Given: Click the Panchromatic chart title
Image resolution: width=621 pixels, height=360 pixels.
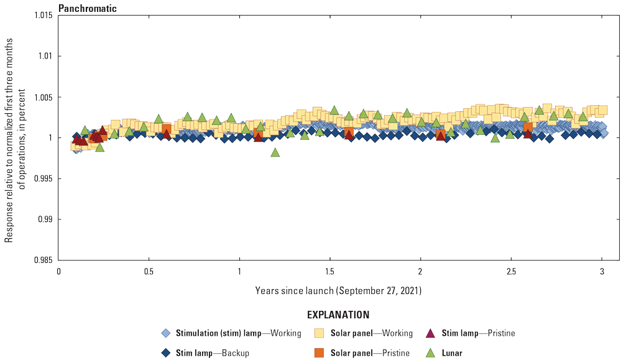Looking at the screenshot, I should point(87,9).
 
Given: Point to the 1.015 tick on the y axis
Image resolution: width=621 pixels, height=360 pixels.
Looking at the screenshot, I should point(44,15).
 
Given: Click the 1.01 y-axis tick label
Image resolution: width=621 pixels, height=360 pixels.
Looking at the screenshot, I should point(46,56).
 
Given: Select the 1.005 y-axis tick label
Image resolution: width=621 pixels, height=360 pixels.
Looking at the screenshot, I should point(44,97).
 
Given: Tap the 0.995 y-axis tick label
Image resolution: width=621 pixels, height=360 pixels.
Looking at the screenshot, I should point(44,178).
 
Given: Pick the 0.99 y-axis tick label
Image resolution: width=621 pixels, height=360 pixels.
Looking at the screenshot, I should point(46,219).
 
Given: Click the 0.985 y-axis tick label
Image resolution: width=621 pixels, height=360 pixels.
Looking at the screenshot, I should point(44,261).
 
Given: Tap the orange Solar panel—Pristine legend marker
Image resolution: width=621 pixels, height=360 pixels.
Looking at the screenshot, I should point(320,353).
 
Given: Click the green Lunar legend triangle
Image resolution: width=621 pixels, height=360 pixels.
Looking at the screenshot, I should point(430,353).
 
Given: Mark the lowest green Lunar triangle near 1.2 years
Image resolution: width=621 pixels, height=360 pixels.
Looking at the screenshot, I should point(275,152).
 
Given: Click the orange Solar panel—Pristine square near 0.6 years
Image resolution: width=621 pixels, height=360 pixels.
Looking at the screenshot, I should point(166,129).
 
